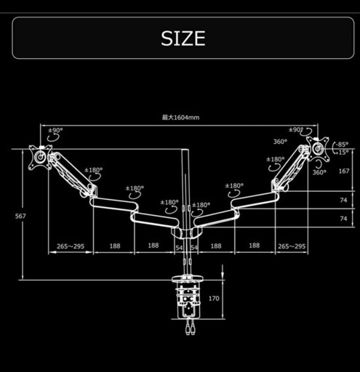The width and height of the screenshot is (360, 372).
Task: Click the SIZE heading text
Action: pyautogui.click(x=183, y=39)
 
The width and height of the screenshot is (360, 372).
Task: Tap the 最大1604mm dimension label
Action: pyautogui.click(x=180, y=118)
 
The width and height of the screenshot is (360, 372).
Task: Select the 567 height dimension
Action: pyautogui.click(x=20, y=216)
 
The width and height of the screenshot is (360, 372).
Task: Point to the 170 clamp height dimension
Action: pyautogui.click(x=214, y=299)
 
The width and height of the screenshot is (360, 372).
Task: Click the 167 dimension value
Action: pyautogui.click(x=344, y=171)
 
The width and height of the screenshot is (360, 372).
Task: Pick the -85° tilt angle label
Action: pyautogui.click(x=342, y=145)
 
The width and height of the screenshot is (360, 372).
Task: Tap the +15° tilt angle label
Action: pyautogui.click(x=342, y=153)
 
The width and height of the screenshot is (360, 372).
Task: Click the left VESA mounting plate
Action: pyautogui.click(x=40, y=157)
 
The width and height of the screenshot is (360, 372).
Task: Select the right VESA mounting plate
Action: pyautogui.click(x=318, y=149)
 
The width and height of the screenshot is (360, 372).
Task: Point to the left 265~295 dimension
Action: pyautogui.click(x=71, y=246)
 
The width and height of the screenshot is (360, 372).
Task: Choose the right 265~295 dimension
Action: pyautogui.click(x=292, y=246)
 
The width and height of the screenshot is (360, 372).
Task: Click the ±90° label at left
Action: pyautogui.click(x=55, y=130)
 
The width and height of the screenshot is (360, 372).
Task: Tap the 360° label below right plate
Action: pyautogui.click(x=319, y=172)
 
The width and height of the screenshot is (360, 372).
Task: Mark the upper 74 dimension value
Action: pyautogui.click(x=343, y=200)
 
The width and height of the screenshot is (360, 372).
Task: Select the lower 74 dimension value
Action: pyautogui.click(x=343, y=219)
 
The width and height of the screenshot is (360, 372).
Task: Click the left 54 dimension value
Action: pyautogui.click(x=179, y=248)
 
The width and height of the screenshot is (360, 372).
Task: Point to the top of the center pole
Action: pyautogui.click(x=185, y=150)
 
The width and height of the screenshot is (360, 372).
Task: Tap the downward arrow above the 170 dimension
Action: pyautogui.click(x=223, y=272)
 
